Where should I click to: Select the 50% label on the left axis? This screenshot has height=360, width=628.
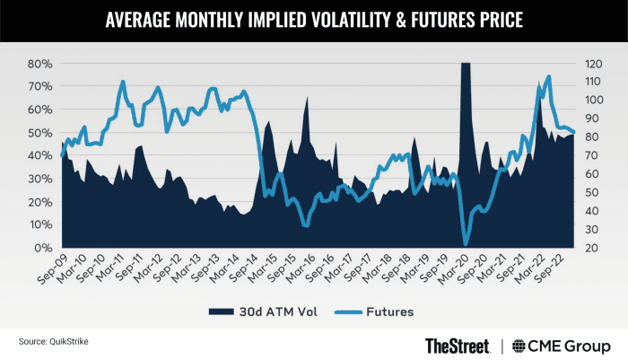click(38, 133)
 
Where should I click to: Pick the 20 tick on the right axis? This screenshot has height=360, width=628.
click(592, 248)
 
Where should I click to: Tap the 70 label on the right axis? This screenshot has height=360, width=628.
click(592, 155)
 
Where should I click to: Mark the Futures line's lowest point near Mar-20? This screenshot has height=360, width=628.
click(466, 243)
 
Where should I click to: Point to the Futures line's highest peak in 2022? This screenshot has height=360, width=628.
click(548, 76)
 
